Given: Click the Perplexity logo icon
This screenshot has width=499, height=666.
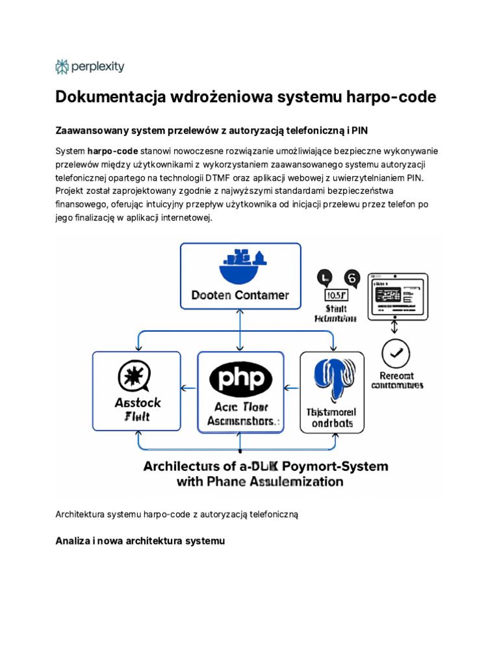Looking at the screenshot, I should [62, 66].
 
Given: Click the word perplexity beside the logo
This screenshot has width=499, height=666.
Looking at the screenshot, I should [97, 66].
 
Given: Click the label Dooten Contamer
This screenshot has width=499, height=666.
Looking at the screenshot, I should [240, 295].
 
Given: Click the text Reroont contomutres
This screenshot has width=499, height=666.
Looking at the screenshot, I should [397, 380].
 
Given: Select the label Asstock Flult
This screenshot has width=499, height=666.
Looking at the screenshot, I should [137, 409].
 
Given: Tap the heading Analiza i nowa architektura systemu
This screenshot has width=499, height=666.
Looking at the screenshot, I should [140, 540].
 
